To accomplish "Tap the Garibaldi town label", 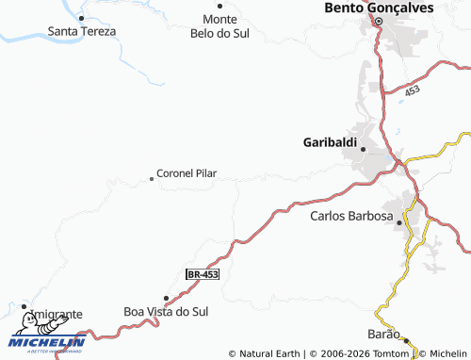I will pyautogui.click(x=330, y=142).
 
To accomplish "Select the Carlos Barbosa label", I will pyautogui.click(x=351, y=216).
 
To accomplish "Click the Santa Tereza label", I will pyautogui.click(x=82, y=31).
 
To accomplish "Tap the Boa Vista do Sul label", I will pyautogui.click(x=166, y=311).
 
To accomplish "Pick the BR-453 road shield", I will pyautogui.click(x=203, y=274).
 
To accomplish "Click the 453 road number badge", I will pyautogui.click(x=412, y=91).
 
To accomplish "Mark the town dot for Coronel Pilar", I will pyautogui.click(x=152, y=178).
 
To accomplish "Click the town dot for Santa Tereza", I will pyautogui.click(x=81, y=18).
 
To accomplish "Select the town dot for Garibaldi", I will pyautogui.click(x=363, y=148).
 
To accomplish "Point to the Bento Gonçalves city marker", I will pyautogui.click(x=379, y=22).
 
